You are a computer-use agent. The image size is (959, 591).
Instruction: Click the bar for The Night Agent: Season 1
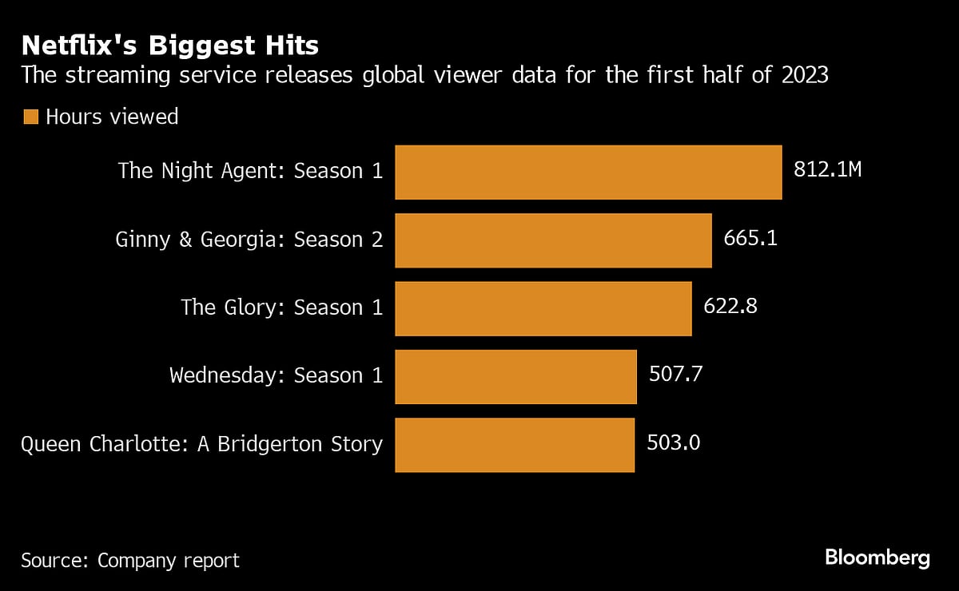point(588,172)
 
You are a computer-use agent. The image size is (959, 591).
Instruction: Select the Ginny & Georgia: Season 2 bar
point(553,240)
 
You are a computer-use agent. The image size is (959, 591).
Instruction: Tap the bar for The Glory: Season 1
point(543,308)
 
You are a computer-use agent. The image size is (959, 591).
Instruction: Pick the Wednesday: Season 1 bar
point(515,376)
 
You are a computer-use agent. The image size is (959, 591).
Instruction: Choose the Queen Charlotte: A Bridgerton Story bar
point(515,445)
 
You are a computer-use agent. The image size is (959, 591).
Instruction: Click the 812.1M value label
point(827,170)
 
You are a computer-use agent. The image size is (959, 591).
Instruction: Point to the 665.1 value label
point(750,239)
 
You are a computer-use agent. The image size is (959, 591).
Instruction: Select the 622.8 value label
point(730,307)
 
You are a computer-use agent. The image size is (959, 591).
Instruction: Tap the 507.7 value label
point(675,375)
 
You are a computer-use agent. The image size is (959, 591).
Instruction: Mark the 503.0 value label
point(673,443)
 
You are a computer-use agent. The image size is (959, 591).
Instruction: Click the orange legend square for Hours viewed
point(30,117)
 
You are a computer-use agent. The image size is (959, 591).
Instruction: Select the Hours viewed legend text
point(112,117)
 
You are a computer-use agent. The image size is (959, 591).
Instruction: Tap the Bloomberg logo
point(877,558)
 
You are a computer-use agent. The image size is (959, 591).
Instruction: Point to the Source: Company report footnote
point(130,561)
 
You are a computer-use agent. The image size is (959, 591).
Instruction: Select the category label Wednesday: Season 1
point(277,375)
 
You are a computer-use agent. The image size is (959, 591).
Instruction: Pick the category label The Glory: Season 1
point(282,307)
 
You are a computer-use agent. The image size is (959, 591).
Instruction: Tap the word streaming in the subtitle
point(111,76)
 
